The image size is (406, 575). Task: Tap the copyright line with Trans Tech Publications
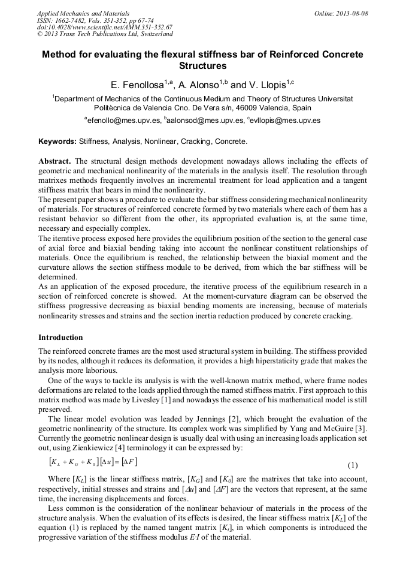(x=105, y=35)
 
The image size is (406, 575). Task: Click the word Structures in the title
(x=202, y=66)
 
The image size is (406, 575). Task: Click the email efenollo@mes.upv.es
(x=124, y=121)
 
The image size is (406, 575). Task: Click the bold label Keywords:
(x=57, y=142)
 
